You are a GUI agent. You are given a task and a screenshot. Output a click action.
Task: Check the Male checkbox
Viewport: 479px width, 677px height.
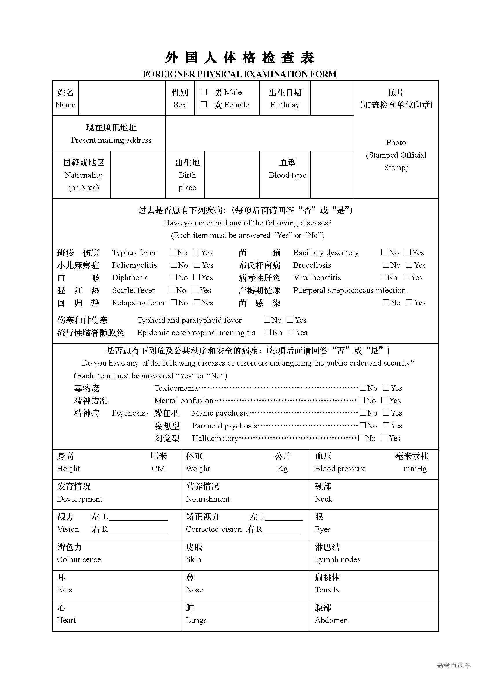pos(204,92)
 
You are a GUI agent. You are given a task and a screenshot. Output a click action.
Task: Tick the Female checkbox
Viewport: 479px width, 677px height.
pos(204,104)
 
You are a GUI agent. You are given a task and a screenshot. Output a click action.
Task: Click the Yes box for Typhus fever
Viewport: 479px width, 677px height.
pos(196,252)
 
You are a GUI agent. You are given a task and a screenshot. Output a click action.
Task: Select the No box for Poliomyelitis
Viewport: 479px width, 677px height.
pos(174,265)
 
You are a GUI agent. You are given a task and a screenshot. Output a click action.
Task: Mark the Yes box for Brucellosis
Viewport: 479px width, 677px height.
pos(409,265)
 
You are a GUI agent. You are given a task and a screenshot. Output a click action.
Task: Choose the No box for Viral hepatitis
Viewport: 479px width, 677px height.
pos(383,277)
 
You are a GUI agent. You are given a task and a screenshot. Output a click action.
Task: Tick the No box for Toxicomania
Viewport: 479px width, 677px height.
pos(363,388)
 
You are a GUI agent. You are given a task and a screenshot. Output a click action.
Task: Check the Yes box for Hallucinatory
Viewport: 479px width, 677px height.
pos(384,438)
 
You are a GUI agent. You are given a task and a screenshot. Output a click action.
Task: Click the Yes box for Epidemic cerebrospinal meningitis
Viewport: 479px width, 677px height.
pos(291,332)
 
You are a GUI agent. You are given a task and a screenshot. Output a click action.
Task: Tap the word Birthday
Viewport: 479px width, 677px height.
pos(285,105)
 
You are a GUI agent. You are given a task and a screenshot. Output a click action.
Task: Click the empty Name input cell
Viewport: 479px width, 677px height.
pos(122,98)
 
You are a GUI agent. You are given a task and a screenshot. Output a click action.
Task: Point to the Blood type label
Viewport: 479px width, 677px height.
pos(287,175)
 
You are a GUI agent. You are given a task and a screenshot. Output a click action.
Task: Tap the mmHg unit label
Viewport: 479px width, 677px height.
pos(415,469)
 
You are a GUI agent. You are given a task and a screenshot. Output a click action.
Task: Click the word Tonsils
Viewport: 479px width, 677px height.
pos(326,590)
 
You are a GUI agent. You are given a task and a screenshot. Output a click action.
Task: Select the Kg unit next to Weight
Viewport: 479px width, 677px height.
pos(282,469)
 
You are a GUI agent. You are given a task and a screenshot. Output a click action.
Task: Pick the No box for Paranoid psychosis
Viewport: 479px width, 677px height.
pos(363,425)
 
